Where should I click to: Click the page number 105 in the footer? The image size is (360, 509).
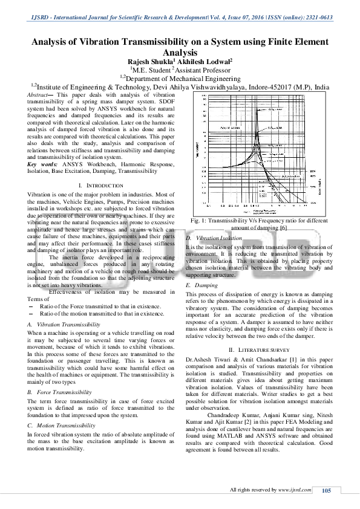[x=326, y=490]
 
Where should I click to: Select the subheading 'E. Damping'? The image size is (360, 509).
[x=202, y=284]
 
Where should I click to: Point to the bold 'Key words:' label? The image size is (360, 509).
[x=42, y=164]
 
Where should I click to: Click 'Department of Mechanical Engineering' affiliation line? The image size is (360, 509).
[x=183, y=78]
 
